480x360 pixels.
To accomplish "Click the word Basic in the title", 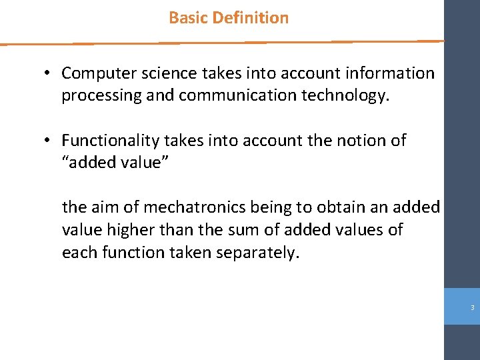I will click(x=188, y=18).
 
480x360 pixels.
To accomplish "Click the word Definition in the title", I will click(x=250, y=18).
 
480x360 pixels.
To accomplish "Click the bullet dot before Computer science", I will click(x=49, y=74).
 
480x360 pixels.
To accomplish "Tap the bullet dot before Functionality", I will click(x=49, y=141).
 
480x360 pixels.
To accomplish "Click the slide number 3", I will click(x=472, y=308).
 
